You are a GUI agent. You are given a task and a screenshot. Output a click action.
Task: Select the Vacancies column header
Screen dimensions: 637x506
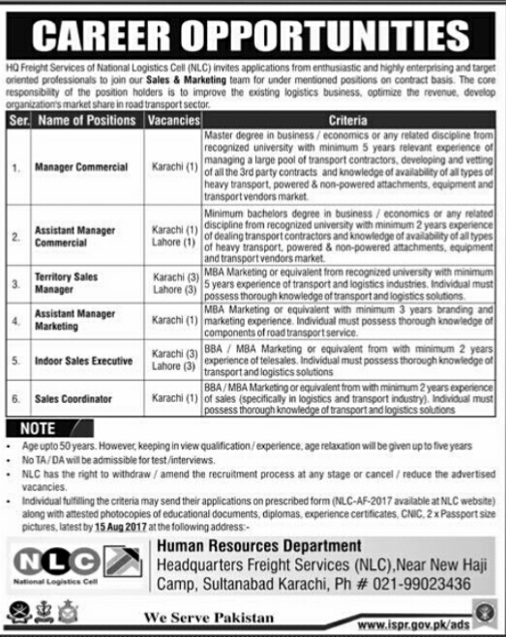172,121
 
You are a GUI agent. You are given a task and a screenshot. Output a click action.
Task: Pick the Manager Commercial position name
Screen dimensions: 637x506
81,167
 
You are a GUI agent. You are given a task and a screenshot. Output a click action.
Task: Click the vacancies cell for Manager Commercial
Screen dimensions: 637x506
172,167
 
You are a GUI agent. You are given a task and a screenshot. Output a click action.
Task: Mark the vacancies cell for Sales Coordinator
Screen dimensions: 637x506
172,398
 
